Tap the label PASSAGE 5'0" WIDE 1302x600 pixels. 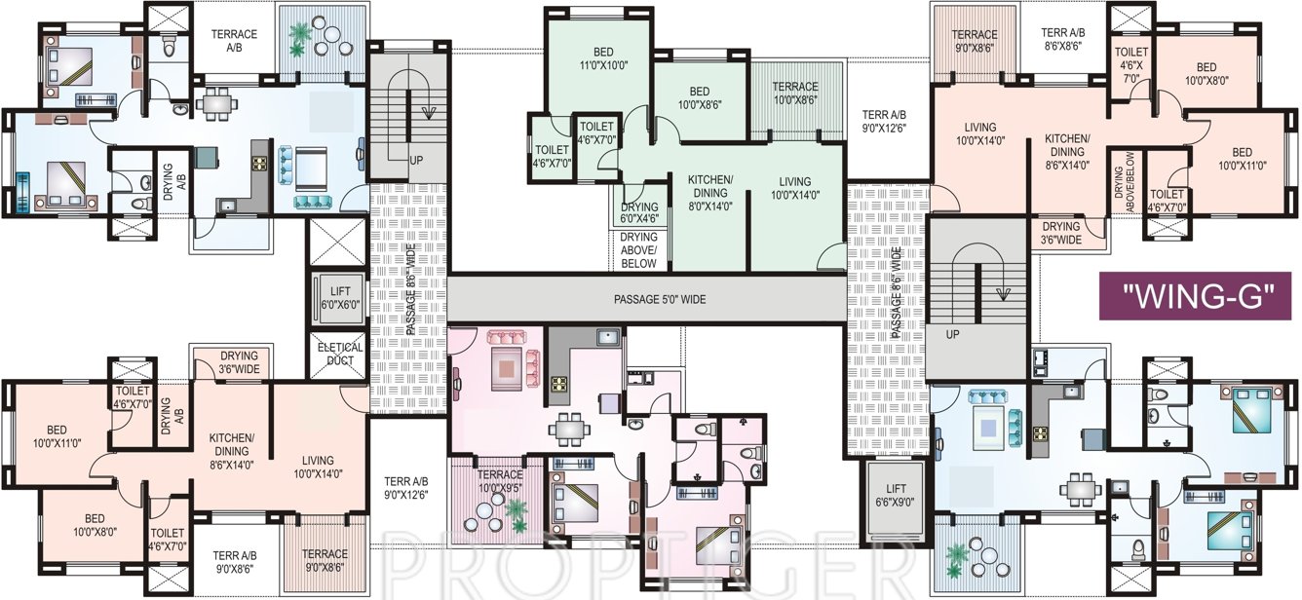(645, 300)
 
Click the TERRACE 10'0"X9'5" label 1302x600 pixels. (499, 481)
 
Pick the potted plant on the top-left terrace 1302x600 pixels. (299, 36)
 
